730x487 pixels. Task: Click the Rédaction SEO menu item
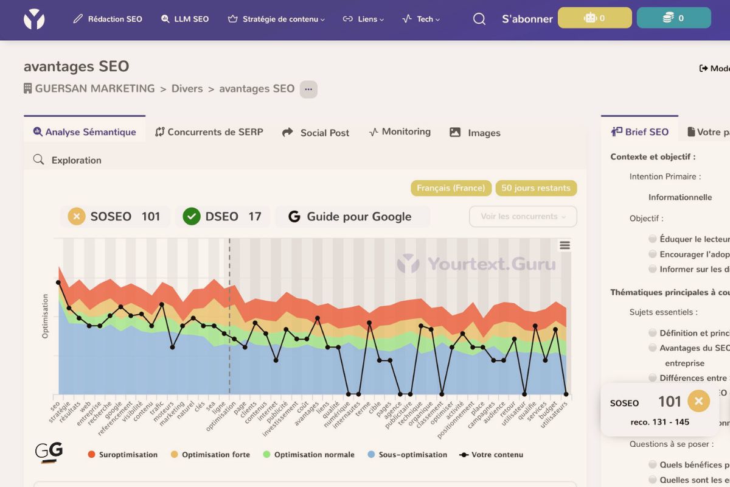pyautogui.click(x=108, y=19)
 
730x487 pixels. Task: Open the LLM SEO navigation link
pyautogui.click(x=185, y=19)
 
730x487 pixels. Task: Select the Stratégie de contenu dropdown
pyautogui.click(x=276, y=19)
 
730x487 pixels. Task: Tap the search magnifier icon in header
pyautogui.click(x=479, y=19)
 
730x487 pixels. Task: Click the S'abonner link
pyautogui.click(x=527, y=19)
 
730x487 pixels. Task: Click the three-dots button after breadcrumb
pyautogui.click(x=308, y=89)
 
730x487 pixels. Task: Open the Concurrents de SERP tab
pyautogui.click(x=209, y=131)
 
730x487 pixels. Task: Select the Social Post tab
pyautogui.click(x=316, y=132)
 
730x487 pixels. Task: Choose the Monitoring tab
pyautogui.click(x=400, y=131)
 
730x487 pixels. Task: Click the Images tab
pyautogui.click(x=475, y=132)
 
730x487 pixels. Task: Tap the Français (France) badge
pyautogui.click(x=451, y=188)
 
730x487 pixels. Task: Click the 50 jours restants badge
pyautogui.click(x=536, y=188)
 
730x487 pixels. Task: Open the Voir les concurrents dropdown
pyautogui.click(x=523, y=216)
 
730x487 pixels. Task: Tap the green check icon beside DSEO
pyautogui.click(x=192, y=216)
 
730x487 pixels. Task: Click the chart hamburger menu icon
pyautogui.click(x=565, y=245)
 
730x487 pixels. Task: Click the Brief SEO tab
pyautogui.click(x=640, y=131)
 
